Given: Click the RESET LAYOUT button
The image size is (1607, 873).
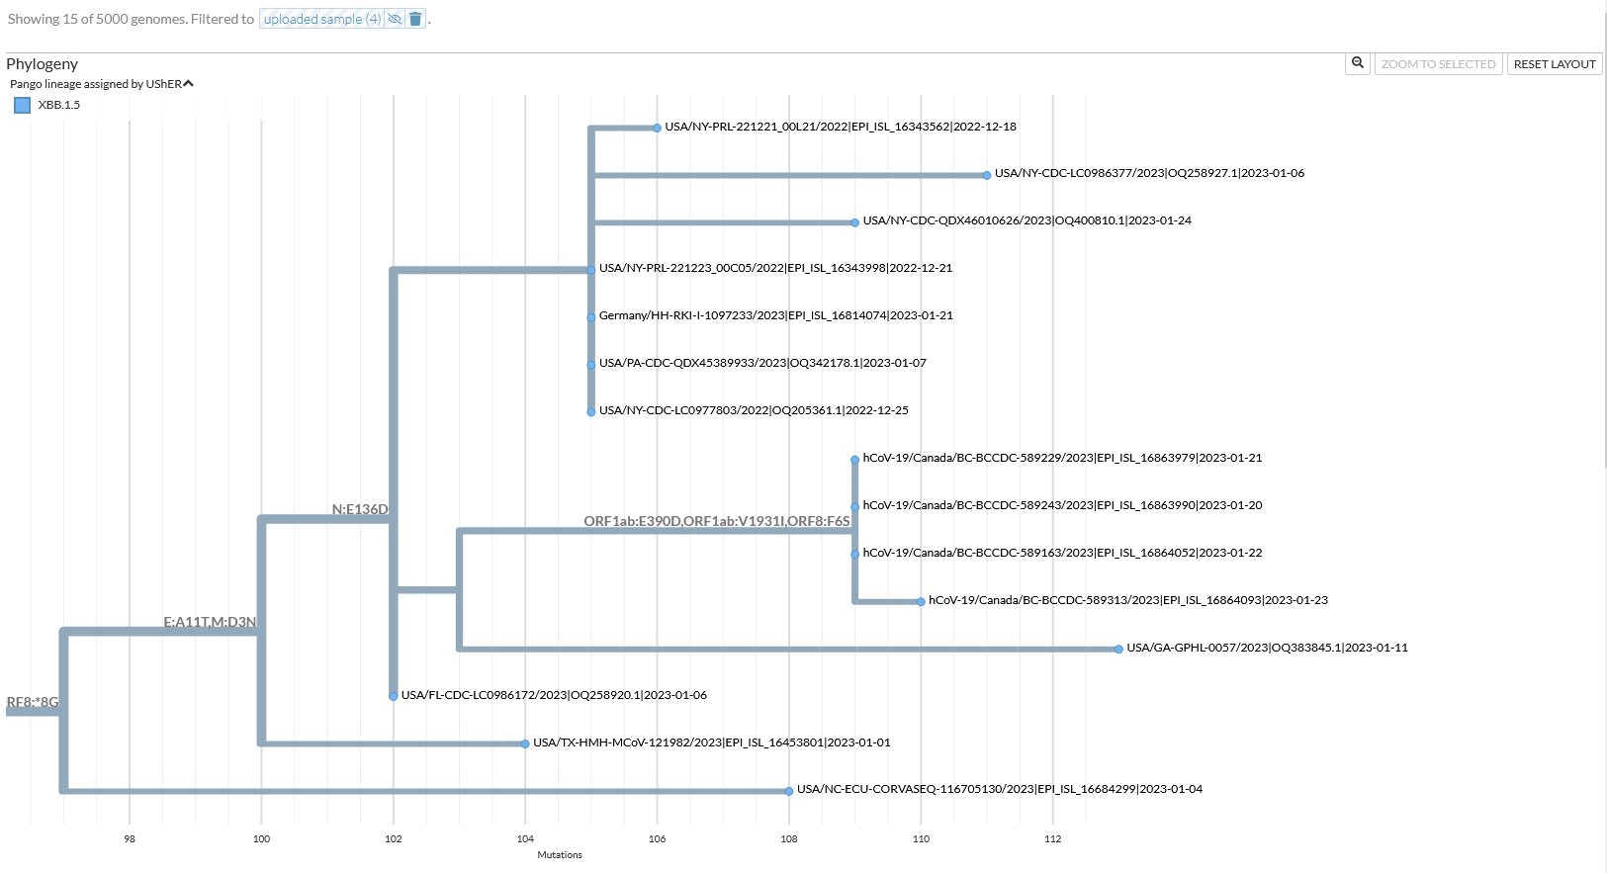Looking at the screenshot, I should pos(1554,64).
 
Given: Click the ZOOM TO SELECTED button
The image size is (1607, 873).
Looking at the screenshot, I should pos(1438,64).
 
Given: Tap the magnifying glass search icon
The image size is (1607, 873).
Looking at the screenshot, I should pos(1358,63).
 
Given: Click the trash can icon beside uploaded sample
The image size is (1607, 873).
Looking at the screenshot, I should pos(415,19).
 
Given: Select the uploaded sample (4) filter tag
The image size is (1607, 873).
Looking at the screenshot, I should pos(321,19).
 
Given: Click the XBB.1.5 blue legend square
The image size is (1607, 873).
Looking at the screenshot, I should pos(22,105).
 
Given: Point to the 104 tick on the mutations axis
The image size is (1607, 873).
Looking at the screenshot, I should pos(525,838).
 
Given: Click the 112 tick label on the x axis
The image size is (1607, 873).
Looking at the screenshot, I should pos(1052,838).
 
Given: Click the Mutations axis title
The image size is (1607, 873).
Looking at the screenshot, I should pos(560,855).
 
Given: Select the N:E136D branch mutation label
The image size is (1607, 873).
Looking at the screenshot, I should pos(360,509).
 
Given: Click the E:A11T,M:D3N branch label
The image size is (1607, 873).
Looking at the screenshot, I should pos(210,622).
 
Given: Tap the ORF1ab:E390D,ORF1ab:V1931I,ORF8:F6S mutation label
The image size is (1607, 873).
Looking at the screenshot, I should pos(716,521).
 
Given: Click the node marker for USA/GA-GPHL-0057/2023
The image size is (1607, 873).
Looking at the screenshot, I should pos(1118,650).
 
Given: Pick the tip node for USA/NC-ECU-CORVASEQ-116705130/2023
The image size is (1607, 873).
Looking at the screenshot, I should pos(789,791).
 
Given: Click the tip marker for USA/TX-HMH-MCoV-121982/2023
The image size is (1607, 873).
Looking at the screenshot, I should pos(525,743).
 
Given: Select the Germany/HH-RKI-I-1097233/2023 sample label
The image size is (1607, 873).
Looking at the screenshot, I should pos(775,315).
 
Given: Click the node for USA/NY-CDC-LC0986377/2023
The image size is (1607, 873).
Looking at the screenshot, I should pos(987,175).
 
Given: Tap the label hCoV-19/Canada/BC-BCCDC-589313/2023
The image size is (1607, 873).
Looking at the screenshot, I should pos(1127,600).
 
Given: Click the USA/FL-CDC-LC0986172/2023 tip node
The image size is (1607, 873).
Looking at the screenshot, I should pos(394,696).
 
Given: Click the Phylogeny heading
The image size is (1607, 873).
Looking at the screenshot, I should pos(42,64).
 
